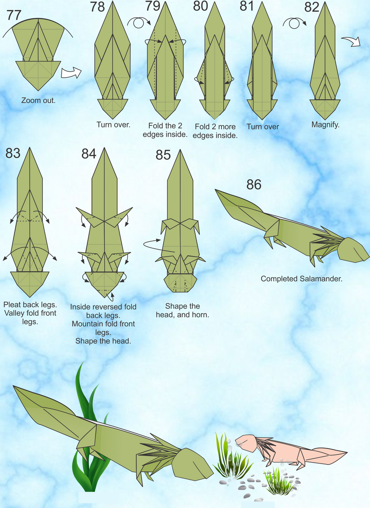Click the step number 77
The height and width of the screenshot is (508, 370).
(14, 15)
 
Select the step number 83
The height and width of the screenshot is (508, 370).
(13, 153)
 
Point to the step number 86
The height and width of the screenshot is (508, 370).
(254, 184)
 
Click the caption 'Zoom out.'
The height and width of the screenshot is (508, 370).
(38, 100)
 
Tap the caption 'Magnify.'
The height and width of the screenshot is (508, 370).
(325, 124)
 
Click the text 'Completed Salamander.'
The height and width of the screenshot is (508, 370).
(301, 278)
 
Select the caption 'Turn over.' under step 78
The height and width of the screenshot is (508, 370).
(113, 124)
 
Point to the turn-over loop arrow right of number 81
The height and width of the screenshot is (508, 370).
(293, 22)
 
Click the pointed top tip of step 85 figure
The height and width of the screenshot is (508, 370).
(181, 151)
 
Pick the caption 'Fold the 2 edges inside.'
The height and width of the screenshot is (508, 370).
(167, 130)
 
